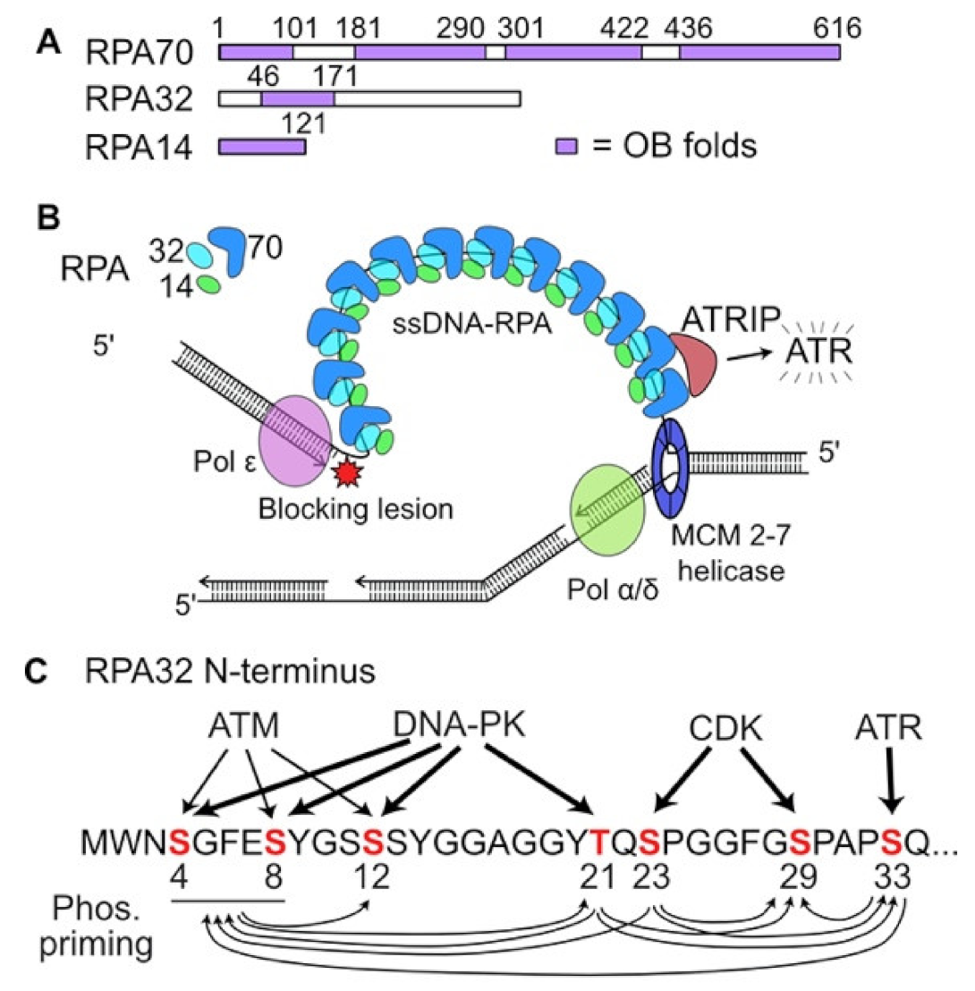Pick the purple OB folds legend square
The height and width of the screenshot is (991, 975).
point(565,145)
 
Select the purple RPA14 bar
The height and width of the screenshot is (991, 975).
point(262,145)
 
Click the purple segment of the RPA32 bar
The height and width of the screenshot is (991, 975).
point(298,97)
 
